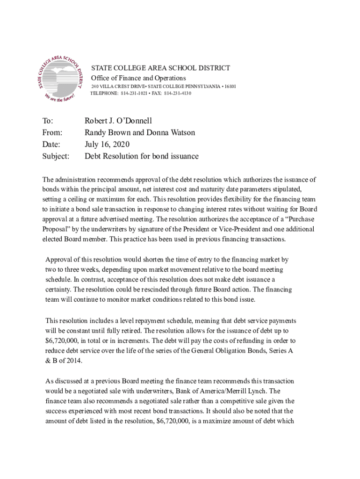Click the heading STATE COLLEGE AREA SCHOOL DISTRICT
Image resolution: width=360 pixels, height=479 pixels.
(x=160, y=68)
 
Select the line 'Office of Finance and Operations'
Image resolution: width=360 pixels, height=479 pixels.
(x=138, y=78)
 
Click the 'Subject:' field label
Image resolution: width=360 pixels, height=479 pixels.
(x=56, y=156)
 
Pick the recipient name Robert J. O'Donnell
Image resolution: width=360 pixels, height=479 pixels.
(x=118, y=121)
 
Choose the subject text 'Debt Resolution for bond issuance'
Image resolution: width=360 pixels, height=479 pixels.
(x=141, y=156)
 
